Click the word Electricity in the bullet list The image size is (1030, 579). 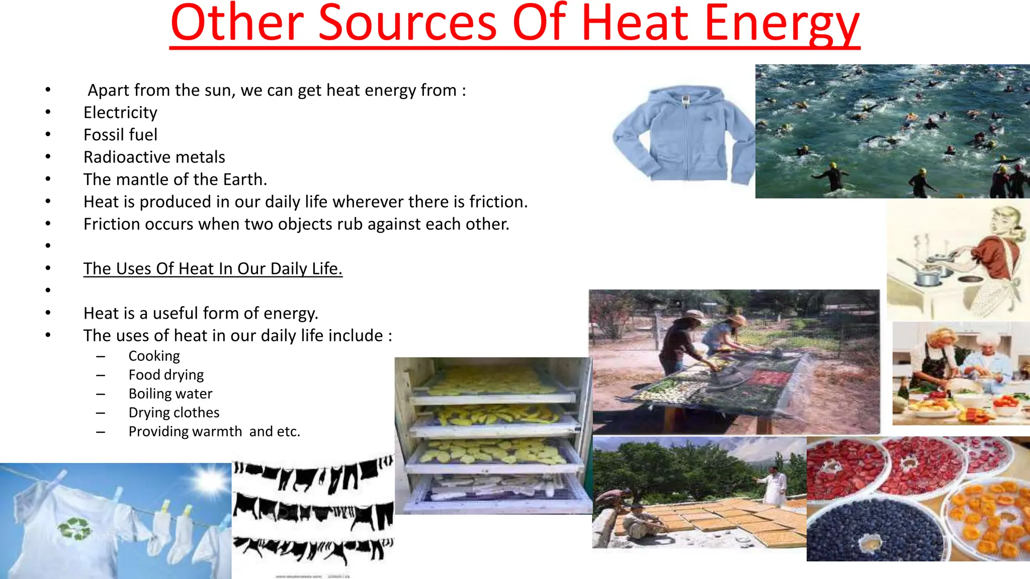coord(120,113)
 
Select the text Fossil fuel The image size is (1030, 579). coord(120,135)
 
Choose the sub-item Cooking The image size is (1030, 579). coord(154,356)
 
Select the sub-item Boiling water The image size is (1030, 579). coord(170,394)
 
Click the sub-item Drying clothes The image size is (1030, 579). coord(174,413)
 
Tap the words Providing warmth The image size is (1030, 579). coord(185,432)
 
